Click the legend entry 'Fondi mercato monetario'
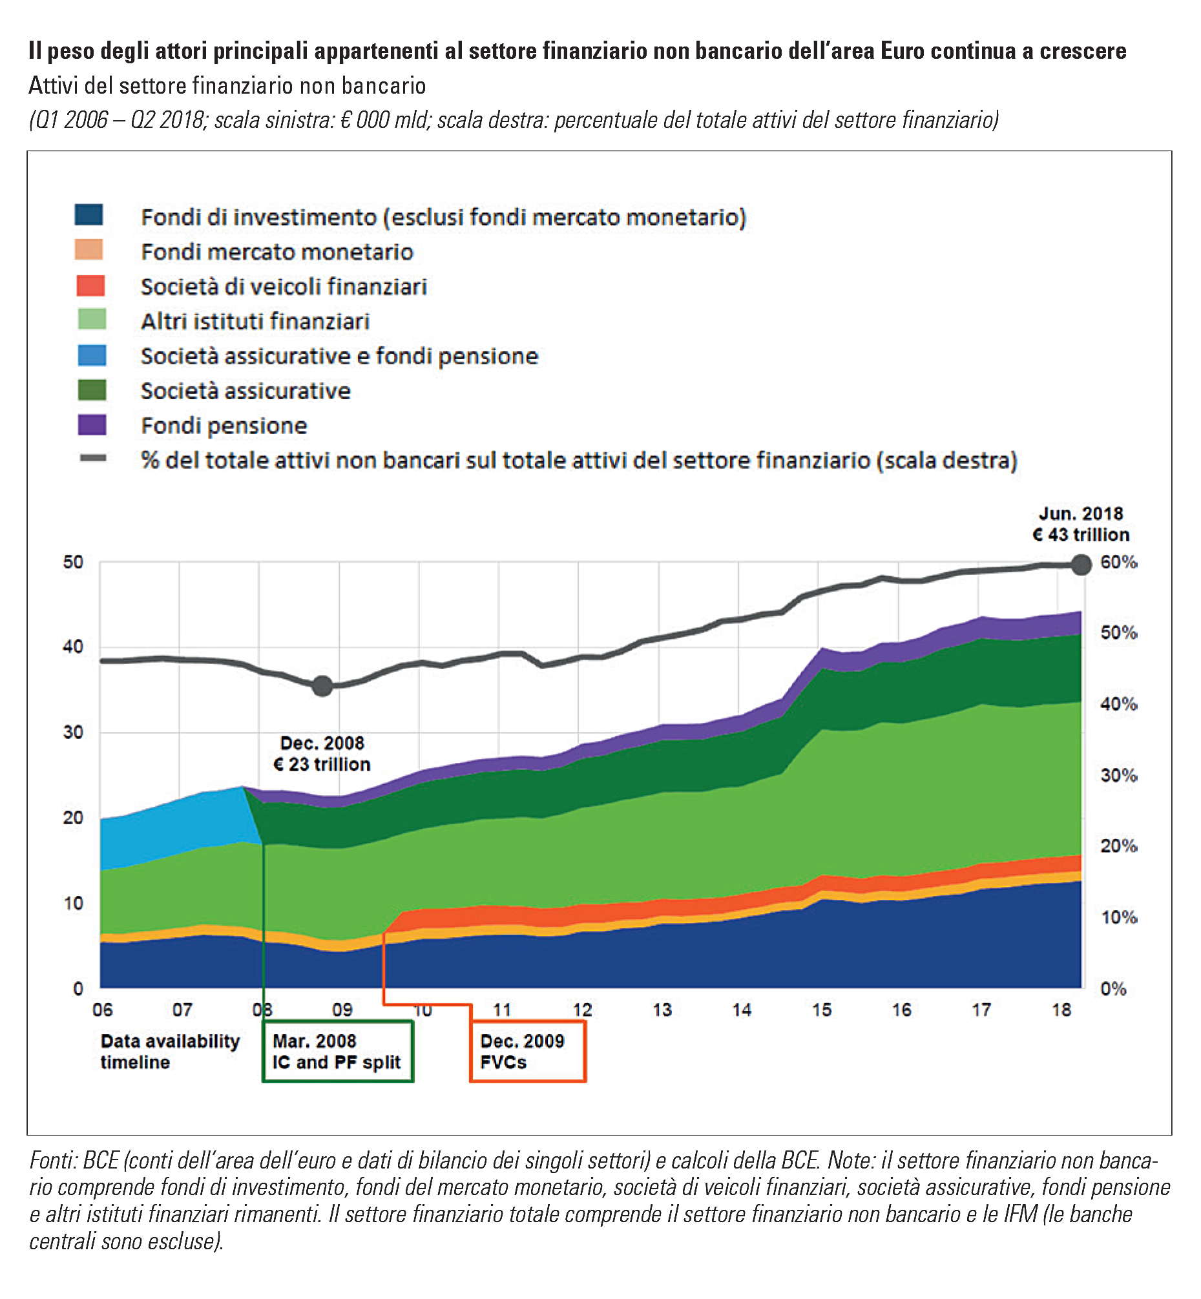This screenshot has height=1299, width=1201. [x=277, y=251]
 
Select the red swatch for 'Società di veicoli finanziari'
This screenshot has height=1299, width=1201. [x=91, y=286]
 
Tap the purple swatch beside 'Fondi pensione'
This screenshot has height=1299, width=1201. [x=92, y=425]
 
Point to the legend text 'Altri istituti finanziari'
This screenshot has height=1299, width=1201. [x=255, y=321]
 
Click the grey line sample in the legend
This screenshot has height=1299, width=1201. [x=93, y=458]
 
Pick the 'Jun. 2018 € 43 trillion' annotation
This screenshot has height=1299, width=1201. [x=1081, y=525]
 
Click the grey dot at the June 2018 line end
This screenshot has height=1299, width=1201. [x=1081, y=565]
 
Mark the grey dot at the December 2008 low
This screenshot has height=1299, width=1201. [x=322, y=685]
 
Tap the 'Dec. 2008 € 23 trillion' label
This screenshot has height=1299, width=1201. [x=322, y=754]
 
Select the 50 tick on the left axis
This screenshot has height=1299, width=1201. [x=74, y=562]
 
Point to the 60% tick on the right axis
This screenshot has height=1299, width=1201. [x=1117, y=562]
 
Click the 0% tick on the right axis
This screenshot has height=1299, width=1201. [x=1113, y=989]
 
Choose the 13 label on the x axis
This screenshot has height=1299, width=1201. [x=662, y=1010]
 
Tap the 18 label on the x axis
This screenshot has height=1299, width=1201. [x=1061, y=1010]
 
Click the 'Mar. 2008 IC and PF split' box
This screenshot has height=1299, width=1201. [x=337, y=1052]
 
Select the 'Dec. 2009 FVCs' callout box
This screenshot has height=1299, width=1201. [x=527, y=1052]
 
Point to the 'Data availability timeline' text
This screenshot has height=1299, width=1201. [x=171, y=1052]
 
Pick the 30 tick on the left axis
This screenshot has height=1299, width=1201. [x=74, y=733]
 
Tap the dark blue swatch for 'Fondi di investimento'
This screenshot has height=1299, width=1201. [x=89, y=214]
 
